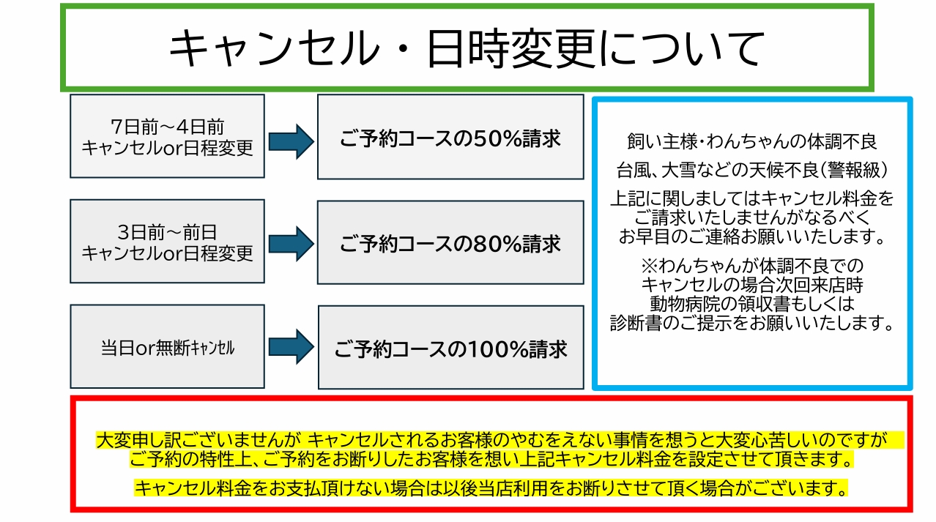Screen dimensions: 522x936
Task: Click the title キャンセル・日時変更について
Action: point(467,48)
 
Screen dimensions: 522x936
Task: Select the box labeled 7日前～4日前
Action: point(167,135)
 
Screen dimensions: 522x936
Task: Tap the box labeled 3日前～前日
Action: point(167,242)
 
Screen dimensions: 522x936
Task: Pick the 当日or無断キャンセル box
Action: point(167,347)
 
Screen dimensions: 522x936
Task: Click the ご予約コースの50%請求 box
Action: point(450,137)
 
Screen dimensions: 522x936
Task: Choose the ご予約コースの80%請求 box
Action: point(450,242)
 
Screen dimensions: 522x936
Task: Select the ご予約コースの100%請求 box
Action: point(450,348)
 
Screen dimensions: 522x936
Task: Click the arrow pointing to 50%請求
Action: point(291,141)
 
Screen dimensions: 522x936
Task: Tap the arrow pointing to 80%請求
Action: point(291,244)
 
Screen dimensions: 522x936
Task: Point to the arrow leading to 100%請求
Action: point(291,346)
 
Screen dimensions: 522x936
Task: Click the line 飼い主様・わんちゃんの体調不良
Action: point(752,141)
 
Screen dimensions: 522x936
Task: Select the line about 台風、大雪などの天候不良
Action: point(752,171)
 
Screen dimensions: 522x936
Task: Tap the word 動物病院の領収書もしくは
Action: point(752,302)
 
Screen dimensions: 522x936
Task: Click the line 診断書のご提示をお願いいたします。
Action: point(752,321)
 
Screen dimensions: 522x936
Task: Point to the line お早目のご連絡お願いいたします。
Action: point(752,236)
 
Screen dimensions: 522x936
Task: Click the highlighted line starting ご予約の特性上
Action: point(491,461)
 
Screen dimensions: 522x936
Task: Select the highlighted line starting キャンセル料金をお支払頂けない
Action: point(491,487)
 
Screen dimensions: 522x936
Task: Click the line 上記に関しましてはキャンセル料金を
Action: point(752,198)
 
